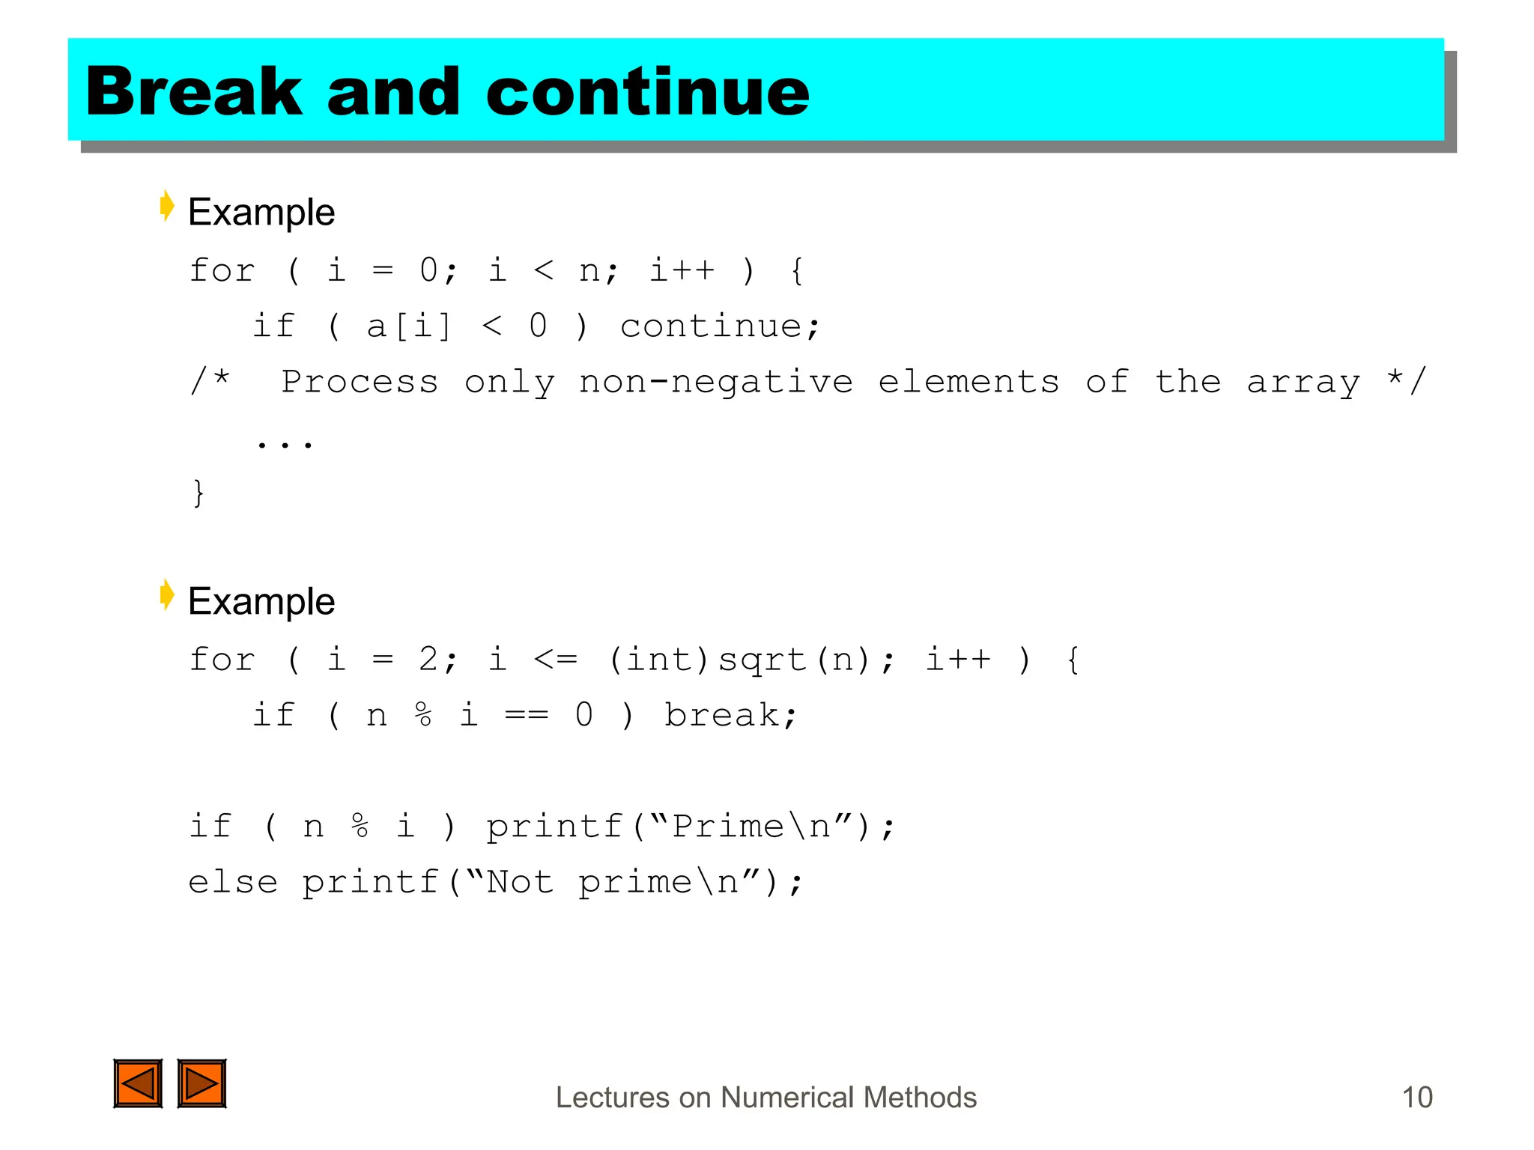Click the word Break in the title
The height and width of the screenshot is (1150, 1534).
coord(193,91)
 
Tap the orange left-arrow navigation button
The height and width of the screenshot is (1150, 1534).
coord(138,1083)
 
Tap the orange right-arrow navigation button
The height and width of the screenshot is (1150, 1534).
coord(201,1083)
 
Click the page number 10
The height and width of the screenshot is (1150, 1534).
coord(1416,1098)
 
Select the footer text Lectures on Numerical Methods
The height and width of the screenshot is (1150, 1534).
coord(766,1098)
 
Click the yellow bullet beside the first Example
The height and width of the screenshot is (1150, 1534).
coord(167,206)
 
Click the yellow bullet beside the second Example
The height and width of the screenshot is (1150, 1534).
coord(167,595)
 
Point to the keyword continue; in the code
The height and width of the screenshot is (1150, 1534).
coord(720,326)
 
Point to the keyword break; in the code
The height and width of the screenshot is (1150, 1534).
coord(730,716)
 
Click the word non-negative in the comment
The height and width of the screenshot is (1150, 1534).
coord(715,383)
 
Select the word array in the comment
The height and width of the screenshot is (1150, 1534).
coord(1303,383)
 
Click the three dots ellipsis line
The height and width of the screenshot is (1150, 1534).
coord(284,444)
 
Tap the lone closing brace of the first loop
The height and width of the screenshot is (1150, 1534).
coord(198,493)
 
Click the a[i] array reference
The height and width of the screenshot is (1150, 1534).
coord(409,326)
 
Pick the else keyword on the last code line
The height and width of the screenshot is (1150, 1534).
coord(233,882)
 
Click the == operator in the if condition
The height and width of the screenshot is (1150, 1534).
coord(527,716)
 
